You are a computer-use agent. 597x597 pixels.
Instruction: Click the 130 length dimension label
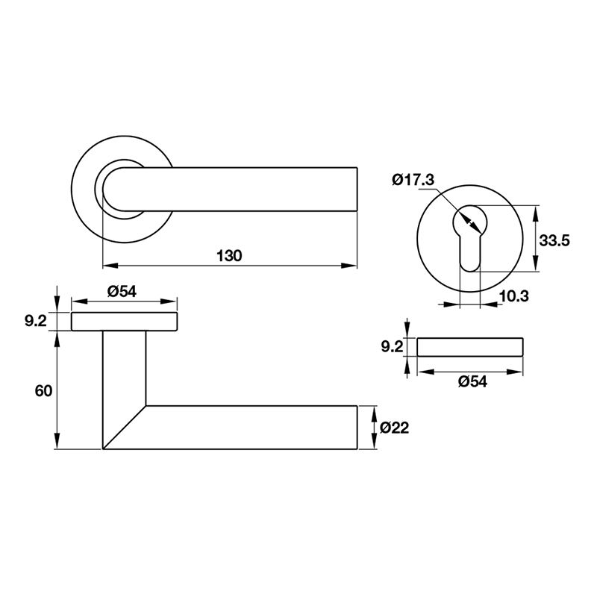click(x=229, y=255)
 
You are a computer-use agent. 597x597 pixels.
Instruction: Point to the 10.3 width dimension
click(x=513, y=296)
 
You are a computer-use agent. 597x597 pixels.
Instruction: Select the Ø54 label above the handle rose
click(x=122, y=292)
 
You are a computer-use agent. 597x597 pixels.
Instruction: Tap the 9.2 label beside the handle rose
click(x=36, y=322)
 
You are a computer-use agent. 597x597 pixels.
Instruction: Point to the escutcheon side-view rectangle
click(x=470, y=347)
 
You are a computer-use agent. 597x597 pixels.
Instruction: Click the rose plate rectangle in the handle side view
click(x=124, y=322)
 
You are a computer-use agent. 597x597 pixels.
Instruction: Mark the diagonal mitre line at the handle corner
click(x=124, y=428)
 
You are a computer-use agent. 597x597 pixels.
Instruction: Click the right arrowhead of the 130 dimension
click(x=349, y=265)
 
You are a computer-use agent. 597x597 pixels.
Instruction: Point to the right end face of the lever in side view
click(x=357, y=428)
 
